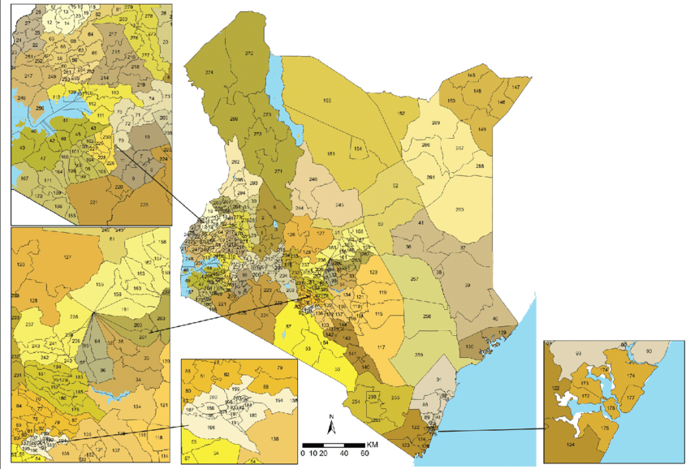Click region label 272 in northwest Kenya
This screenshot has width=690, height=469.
pos(249,54)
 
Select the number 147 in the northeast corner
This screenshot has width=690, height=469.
pos(515,87)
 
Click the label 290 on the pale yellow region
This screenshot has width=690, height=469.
pos(459,210)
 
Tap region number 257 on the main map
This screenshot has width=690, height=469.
pos(414,280)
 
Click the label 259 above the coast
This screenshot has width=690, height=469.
pos(419,355)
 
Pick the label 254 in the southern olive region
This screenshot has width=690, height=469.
pos(355,402)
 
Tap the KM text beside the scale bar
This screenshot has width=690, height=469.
pos(372,445)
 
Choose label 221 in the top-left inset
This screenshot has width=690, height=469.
pos(93,202)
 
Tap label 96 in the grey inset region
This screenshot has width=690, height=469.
pos(103,372)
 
